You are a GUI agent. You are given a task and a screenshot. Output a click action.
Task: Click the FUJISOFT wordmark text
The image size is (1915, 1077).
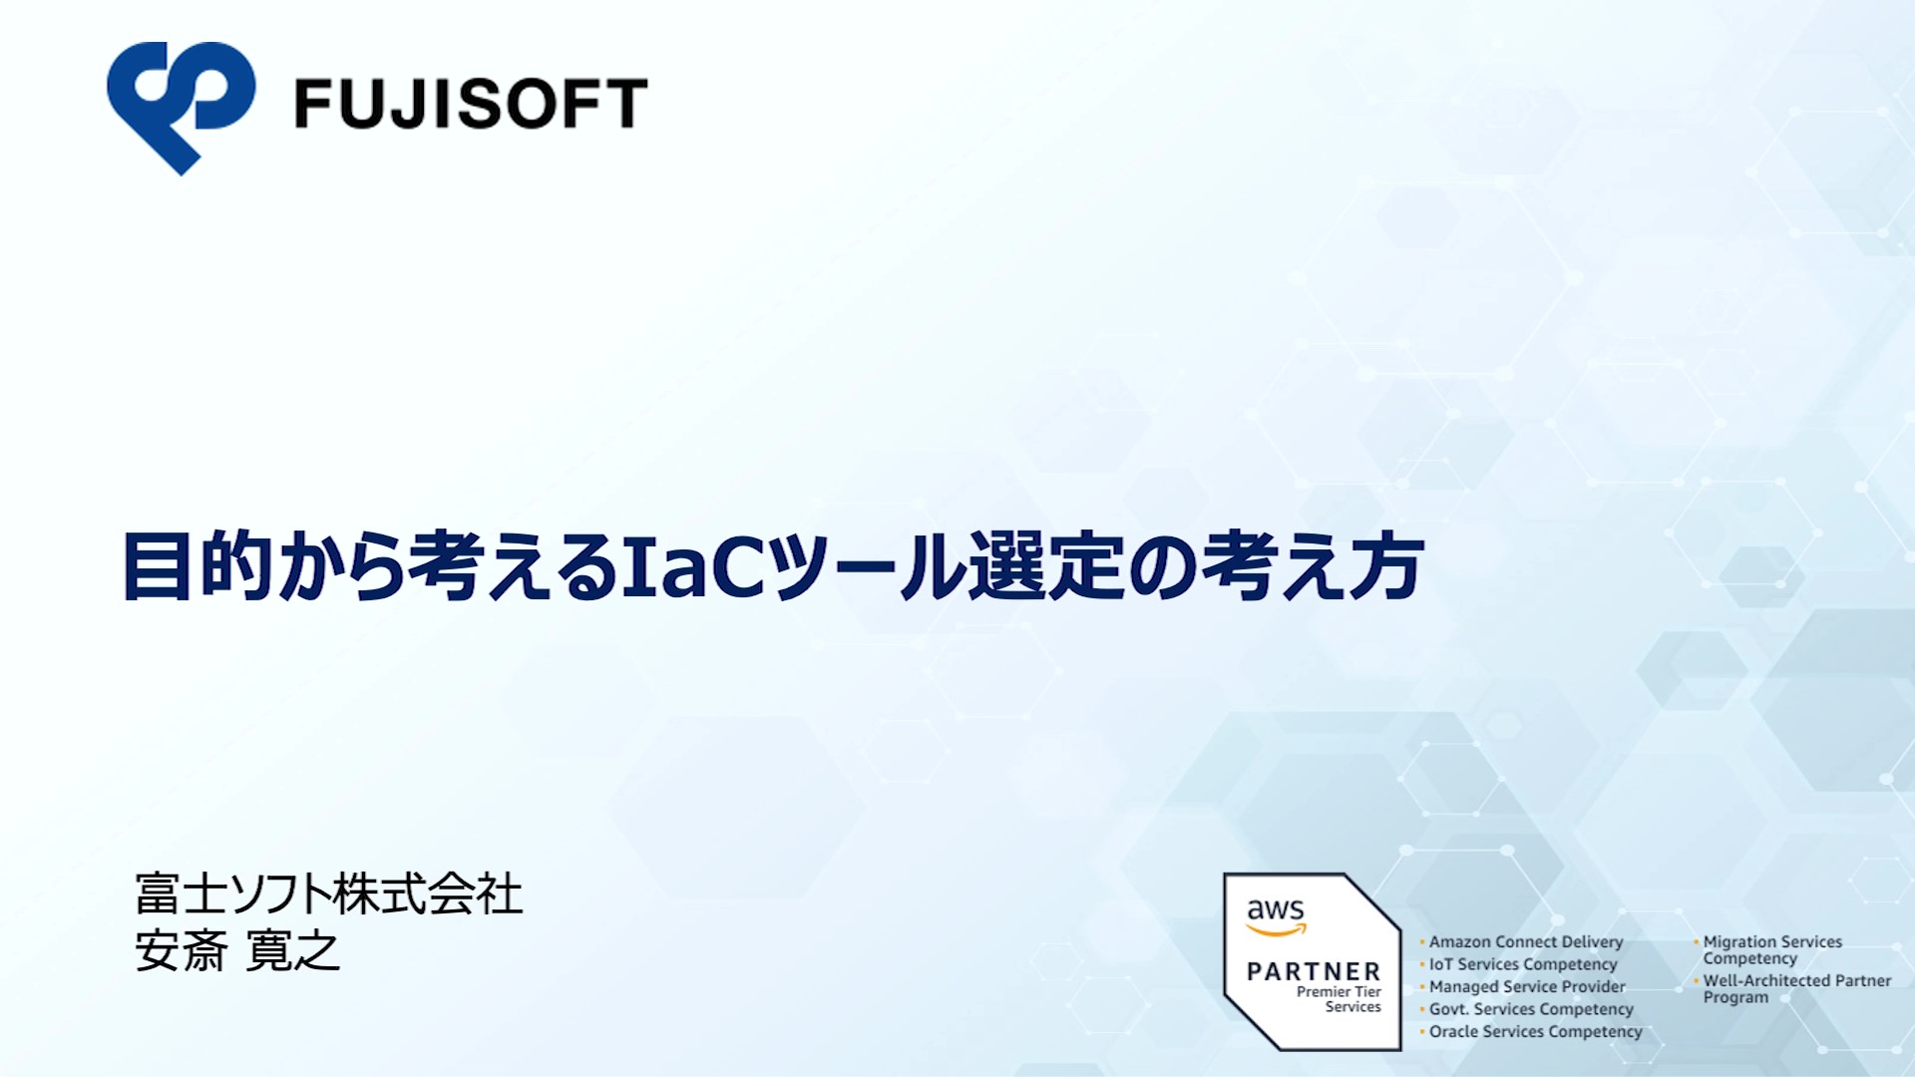pos(471,105)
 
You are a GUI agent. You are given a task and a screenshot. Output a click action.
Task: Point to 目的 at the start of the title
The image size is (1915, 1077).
pos(196,565)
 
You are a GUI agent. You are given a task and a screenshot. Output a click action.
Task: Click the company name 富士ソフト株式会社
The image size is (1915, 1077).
pos(329,894)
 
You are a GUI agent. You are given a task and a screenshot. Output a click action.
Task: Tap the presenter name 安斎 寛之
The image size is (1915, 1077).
pos(237,950)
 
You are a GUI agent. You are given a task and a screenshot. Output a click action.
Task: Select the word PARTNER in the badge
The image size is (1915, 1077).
pos(1314,971)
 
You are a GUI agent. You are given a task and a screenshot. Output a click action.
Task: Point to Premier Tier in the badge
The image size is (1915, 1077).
pos(1339,991)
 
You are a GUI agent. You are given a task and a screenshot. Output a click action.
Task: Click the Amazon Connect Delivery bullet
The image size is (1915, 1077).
pos(1526,941)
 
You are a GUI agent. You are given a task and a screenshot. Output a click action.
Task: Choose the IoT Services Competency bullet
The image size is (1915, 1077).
pos(1523,964)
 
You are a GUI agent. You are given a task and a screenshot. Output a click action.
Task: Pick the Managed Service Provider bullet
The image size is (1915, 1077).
pos(1527,986)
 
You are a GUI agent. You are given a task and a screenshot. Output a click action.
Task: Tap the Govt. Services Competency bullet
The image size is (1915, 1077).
pos(1531,1009)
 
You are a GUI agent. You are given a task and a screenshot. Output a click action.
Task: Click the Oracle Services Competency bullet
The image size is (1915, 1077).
pos(1535,1031)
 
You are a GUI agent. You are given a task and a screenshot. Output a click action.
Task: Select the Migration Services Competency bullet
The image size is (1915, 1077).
pos(1770,949)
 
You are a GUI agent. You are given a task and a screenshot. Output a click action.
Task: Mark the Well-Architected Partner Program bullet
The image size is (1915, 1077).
pos(1794,988)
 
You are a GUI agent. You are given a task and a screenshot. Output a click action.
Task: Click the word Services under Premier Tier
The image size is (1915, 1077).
pos(1353,1007)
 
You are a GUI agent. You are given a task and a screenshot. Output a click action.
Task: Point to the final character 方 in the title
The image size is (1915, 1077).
pos(1386,565)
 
